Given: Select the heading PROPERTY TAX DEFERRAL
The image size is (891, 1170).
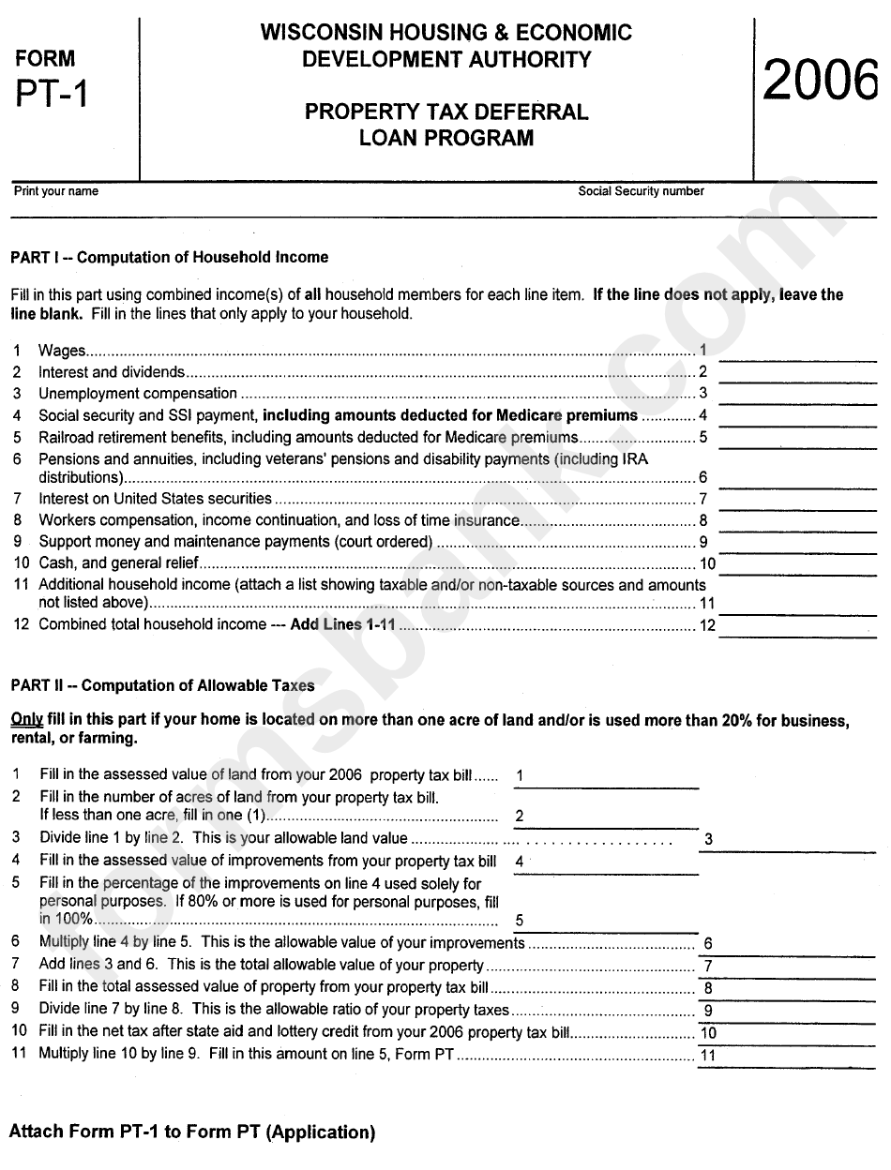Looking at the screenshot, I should click(x=445, y=112).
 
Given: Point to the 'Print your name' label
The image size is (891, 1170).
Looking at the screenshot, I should click(x=55, y=191).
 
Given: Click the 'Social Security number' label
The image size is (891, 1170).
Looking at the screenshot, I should click(x=641, y=191).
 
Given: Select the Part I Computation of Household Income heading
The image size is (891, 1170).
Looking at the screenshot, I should click(x=169, y=257).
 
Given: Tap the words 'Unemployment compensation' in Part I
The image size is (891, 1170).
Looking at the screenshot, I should click(x=137, y=394).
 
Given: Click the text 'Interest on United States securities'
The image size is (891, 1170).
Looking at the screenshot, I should click(x=155, y=499).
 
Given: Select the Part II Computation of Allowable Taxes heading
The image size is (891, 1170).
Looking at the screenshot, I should click(x=162, y=686).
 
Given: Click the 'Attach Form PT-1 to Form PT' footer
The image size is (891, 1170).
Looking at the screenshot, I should click(x=191, y=1132).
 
